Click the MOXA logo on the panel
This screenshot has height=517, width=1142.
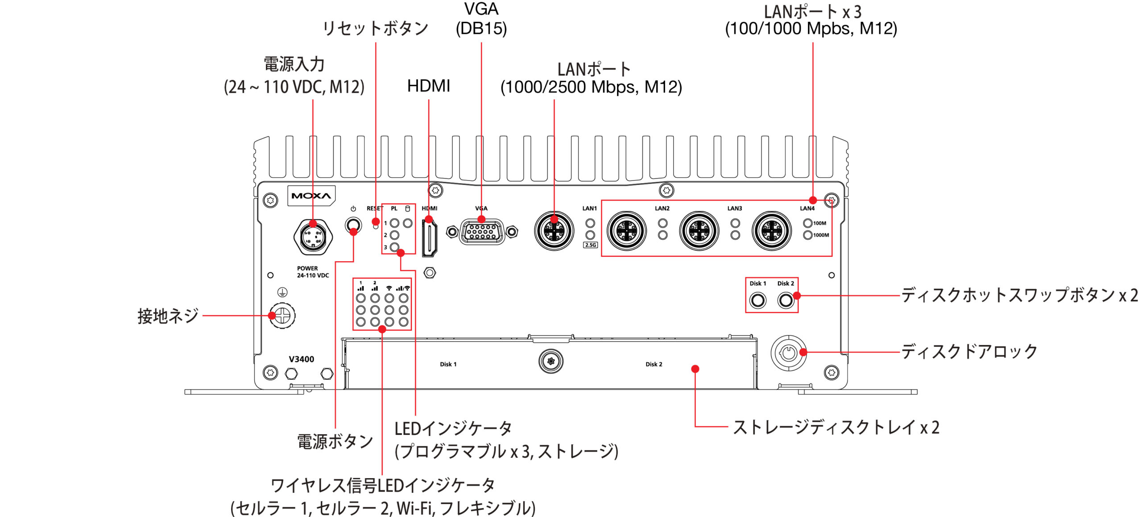coord(311,196)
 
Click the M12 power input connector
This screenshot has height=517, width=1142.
coord(313,237)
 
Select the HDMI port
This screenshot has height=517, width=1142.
coord(429,238)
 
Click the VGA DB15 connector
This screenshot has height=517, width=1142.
coord(482,232)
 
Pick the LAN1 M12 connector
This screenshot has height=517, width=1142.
coord(554,231)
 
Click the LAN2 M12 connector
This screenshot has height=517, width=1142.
coord(627,231)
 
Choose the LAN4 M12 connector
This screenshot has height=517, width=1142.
coord(772,231)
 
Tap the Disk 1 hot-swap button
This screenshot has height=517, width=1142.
coord(757,300)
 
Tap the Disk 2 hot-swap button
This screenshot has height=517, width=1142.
coord(786,300)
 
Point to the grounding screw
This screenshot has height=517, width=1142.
coord(282,316)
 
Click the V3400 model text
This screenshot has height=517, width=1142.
coord(301,359)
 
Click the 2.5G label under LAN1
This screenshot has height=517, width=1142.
coord(590,245)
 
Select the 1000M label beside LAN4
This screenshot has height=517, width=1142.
coord(821,235)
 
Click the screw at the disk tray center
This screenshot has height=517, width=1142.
coord(551,361)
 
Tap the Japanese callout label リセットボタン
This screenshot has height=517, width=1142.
coord(375,29)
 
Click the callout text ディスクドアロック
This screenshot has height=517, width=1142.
coord(969,352)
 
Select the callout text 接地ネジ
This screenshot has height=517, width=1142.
coord(168,316)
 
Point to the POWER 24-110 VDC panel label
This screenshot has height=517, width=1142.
coord(313,272)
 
